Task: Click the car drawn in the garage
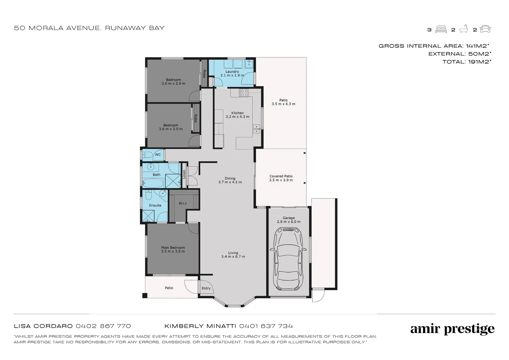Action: coord(288,259)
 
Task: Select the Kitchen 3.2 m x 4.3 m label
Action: coord(238,115)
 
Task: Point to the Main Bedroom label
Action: coord(173,249)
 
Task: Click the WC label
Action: coord(158,155)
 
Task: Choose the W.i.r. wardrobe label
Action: coord(183,203)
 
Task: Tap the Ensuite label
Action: coord(155,205)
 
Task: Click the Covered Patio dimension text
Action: coord(281,180)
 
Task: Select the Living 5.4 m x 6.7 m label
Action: coord(233,255)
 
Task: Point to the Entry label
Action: coord(206,288)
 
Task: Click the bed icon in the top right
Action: coord(441,29)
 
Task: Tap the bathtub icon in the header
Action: coord(463,29)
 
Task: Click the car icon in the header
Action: coord(485,29)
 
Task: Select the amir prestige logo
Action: coord(452,329)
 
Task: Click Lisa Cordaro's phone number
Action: coord(103,326)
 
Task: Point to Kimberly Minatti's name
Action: coord(201,326)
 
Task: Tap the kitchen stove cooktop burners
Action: coord(244,93)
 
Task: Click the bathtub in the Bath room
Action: coord(153,183)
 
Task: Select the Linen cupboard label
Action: coord(184,174)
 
